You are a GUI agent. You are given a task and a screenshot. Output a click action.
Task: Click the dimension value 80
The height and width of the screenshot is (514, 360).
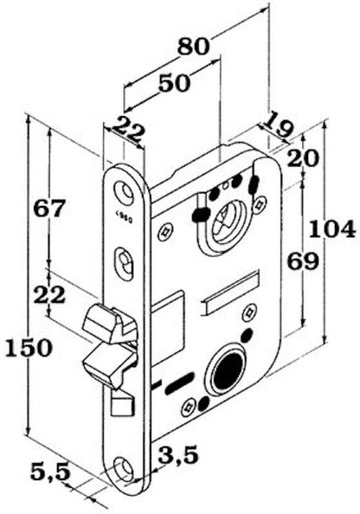point(193,46)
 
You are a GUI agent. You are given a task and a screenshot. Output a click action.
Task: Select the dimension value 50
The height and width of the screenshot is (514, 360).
point(175,83)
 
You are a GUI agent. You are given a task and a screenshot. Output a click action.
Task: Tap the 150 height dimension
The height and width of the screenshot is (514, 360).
point(29,348)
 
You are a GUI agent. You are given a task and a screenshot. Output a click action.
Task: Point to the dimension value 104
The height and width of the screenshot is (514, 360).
point(332,228)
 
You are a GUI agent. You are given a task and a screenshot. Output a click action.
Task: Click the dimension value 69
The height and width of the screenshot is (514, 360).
point(303,261)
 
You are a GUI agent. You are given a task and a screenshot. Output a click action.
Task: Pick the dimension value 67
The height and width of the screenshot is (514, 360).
point(50,209)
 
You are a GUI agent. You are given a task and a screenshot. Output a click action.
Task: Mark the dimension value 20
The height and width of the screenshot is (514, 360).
point(303,158)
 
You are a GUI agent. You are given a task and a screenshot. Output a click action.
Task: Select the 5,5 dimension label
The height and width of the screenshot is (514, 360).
point(50,472)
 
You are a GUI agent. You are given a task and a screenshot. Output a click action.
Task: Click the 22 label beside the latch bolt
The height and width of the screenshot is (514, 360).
point(50,294)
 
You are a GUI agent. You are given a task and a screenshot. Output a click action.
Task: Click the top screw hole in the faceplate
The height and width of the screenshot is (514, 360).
point(125,190)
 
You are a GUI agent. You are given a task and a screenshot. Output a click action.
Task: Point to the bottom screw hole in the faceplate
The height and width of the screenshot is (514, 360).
point(124,466)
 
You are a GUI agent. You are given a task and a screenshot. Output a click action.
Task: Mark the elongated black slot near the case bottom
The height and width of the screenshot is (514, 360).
point(179,383)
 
